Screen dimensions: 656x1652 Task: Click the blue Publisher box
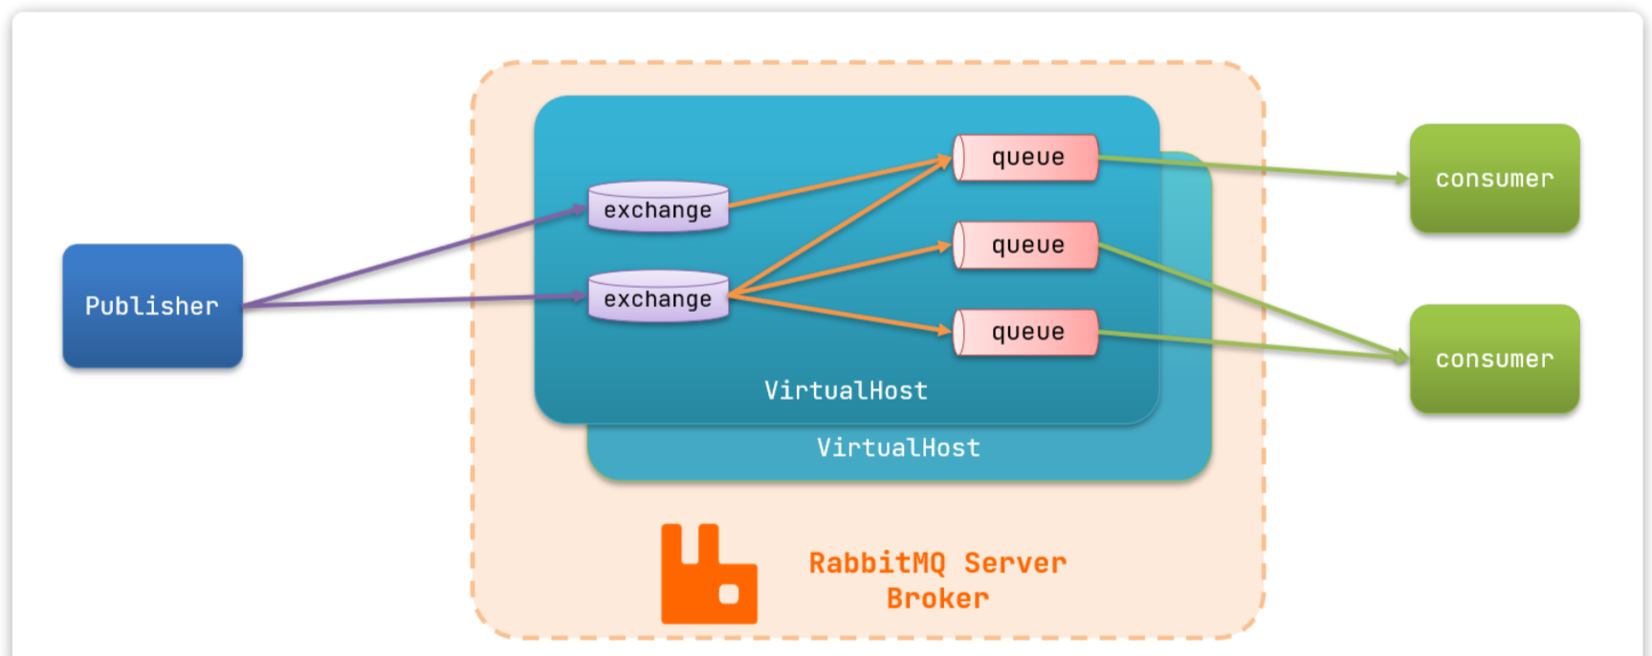point(152,306)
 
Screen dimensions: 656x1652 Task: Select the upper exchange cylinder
point(658,208)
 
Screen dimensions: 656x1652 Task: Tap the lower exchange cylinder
point(658,297)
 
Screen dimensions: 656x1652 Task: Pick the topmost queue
point(1026,158)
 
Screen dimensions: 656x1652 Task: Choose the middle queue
point(1026,246)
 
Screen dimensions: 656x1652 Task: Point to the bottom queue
point(1026,333)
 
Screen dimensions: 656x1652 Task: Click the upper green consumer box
point(1494,179)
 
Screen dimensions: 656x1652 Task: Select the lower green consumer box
point(1494,360)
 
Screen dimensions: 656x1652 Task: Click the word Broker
point(937,600)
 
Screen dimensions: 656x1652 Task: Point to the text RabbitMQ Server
point(937,563)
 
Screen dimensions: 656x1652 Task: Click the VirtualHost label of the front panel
point(846,391)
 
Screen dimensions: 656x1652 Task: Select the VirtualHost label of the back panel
point(898,448)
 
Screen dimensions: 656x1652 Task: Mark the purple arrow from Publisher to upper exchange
point(411,257)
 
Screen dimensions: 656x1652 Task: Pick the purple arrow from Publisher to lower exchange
point(411,300)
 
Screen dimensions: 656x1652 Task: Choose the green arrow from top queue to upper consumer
point(1253,168)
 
